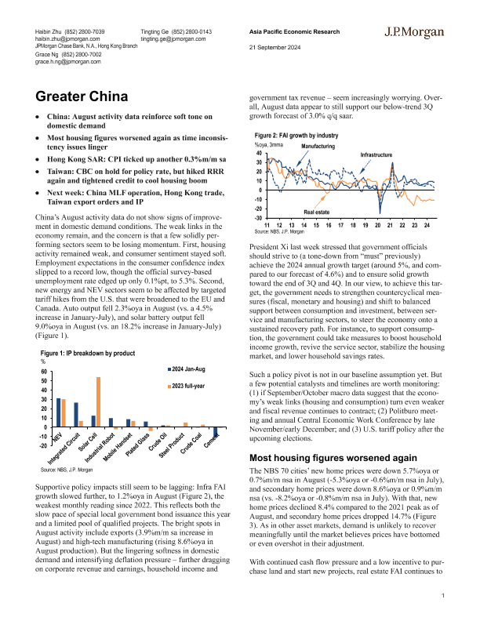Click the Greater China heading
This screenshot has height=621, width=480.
(82, 97)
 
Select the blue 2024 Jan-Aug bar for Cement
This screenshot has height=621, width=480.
(215, 432)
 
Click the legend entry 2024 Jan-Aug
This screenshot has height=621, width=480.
(188, 368)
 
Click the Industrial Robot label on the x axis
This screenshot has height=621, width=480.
(100, 447)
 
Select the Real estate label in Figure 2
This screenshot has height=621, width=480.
(316, 212)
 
